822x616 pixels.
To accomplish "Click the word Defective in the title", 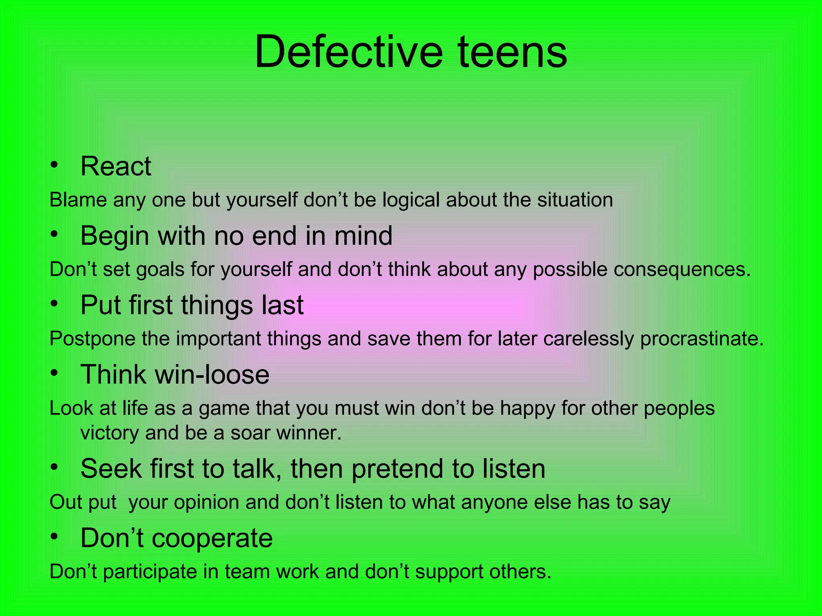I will click(x=348, y=52).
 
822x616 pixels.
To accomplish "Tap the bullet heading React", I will click(x=116, y=166).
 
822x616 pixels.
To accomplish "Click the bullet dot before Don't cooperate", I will click(x=54, y=537).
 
